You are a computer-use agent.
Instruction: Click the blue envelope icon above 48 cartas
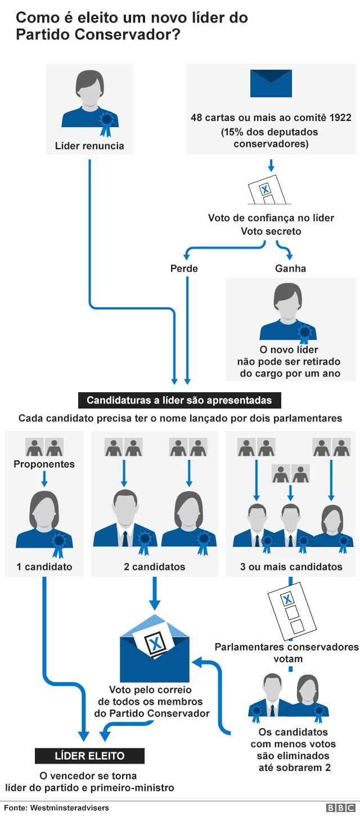pos(271,84)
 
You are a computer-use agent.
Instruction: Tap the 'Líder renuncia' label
pos(89,146)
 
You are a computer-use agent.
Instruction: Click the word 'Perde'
pos(184,268)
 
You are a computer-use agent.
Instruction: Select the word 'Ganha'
pos(290,268)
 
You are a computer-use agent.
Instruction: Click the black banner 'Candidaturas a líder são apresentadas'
pos(179,401)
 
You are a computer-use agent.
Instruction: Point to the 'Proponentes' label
pos(44,464)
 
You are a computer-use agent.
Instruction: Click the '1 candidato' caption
pos(44,567)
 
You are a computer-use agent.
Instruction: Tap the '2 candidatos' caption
pos(154,567)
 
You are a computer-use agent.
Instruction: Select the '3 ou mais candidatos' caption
pos(291,567)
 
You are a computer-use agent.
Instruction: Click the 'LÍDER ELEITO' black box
pos(89,756)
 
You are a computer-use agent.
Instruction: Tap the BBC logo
pos(340,808)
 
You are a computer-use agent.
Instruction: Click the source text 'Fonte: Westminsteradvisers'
pos(56,808)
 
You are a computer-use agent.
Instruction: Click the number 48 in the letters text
pos(196,118)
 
